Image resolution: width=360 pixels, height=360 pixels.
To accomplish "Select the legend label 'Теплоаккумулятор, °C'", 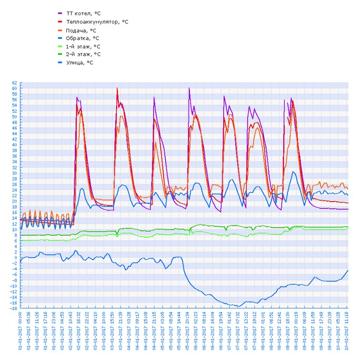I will [x=97, y=22].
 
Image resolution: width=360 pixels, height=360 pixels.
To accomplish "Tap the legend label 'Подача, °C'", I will [x=81, y=30].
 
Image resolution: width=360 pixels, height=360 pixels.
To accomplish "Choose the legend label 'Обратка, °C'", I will [x=83, y=38].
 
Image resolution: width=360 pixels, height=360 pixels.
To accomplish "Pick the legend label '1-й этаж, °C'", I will [x=83, y=46].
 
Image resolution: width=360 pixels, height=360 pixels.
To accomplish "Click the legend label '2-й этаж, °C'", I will [x=83, y=54].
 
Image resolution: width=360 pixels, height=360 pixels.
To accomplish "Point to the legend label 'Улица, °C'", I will [x=80, y=62].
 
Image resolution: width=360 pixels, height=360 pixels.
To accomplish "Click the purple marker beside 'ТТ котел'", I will [x=60, y=13].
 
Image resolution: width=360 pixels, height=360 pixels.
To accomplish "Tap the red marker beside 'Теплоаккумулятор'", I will [x=60, y=22].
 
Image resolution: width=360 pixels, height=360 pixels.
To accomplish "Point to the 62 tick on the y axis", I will [x=14, y=83].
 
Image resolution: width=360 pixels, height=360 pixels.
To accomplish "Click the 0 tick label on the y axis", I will [x=16, y=258].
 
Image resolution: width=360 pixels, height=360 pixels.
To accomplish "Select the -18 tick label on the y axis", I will [x=14, y=309].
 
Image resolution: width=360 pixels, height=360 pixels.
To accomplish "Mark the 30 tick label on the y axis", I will [x=14, y=173].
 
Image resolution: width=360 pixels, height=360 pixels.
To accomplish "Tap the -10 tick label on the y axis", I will [x=14, y=286].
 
